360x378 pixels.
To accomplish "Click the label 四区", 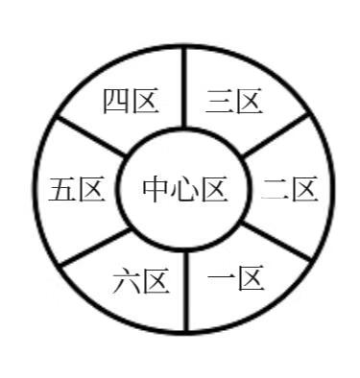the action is point(130,100).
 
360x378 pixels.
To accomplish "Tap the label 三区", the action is point(235,100).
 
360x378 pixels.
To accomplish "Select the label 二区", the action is point(289,189).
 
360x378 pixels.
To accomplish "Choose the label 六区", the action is point(141,281).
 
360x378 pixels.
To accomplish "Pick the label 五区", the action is point(77,189).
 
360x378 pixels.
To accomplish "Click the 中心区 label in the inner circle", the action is point(184,189).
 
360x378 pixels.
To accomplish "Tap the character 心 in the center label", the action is point(184,189).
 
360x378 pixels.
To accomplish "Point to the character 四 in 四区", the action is point(116,100).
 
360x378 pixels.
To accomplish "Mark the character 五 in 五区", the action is point(63,189).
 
